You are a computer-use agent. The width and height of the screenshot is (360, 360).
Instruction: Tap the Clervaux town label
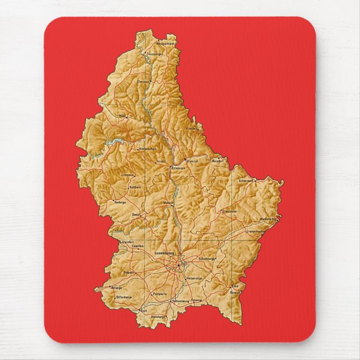tap(144, 81)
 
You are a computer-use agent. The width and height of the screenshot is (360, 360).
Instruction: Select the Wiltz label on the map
tap(122, 116)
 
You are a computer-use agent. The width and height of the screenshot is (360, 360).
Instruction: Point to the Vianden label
tap(192, 128)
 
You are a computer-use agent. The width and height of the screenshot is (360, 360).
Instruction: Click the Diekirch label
tap(193, 160)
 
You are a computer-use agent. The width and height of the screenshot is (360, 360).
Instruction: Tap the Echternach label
tap(247, 181)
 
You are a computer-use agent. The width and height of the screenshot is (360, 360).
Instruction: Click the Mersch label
tap(169, 202)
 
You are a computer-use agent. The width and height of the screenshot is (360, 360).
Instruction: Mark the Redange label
tap(120, 202)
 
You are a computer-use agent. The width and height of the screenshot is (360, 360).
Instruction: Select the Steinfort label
tap(129, 241)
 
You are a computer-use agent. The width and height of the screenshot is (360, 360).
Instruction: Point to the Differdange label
tap(124, 297)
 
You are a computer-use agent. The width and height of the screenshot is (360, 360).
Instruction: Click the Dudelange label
tap(158, 317)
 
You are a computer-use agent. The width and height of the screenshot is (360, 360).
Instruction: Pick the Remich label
tap(235, 292)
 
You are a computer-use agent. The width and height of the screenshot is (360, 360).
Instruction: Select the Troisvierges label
tap(155, 54)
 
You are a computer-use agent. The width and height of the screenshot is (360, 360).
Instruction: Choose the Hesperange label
tap(194, 278)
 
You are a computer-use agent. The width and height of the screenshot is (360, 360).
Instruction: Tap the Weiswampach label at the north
tap(165, 44)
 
